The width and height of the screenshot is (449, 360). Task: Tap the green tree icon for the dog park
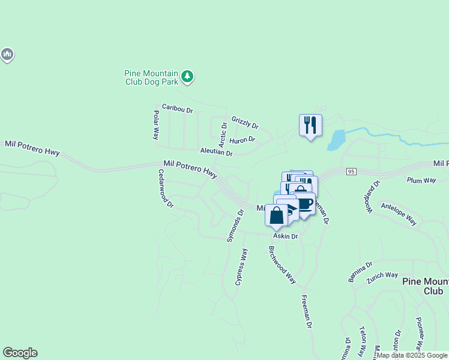point(188,76)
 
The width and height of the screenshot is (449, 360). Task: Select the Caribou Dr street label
point(177,110)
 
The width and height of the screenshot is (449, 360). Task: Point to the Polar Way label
point(155,125)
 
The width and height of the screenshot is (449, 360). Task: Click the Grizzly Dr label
point(246,122)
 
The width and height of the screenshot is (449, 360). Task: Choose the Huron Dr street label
point(243,140)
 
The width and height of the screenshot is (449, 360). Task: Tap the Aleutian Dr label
point(216,152)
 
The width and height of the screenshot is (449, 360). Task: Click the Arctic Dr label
point(223,134)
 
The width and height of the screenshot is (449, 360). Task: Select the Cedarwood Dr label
point(166,188)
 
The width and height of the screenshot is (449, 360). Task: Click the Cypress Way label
point(241,266)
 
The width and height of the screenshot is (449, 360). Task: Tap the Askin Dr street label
point(286,236)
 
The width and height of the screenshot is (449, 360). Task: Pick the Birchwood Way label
point(282,264)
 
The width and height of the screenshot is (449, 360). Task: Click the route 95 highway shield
point(352,172)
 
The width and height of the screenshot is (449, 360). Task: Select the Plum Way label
point(421,179)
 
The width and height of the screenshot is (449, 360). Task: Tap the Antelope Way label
point(399,213)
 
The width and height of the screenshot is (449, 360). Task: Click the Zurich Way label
point(383,275)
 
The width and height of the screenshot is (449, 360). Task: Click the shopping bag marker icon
point(277,215)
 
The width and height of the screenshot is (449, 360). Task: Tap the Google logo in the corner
point(20,353)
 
